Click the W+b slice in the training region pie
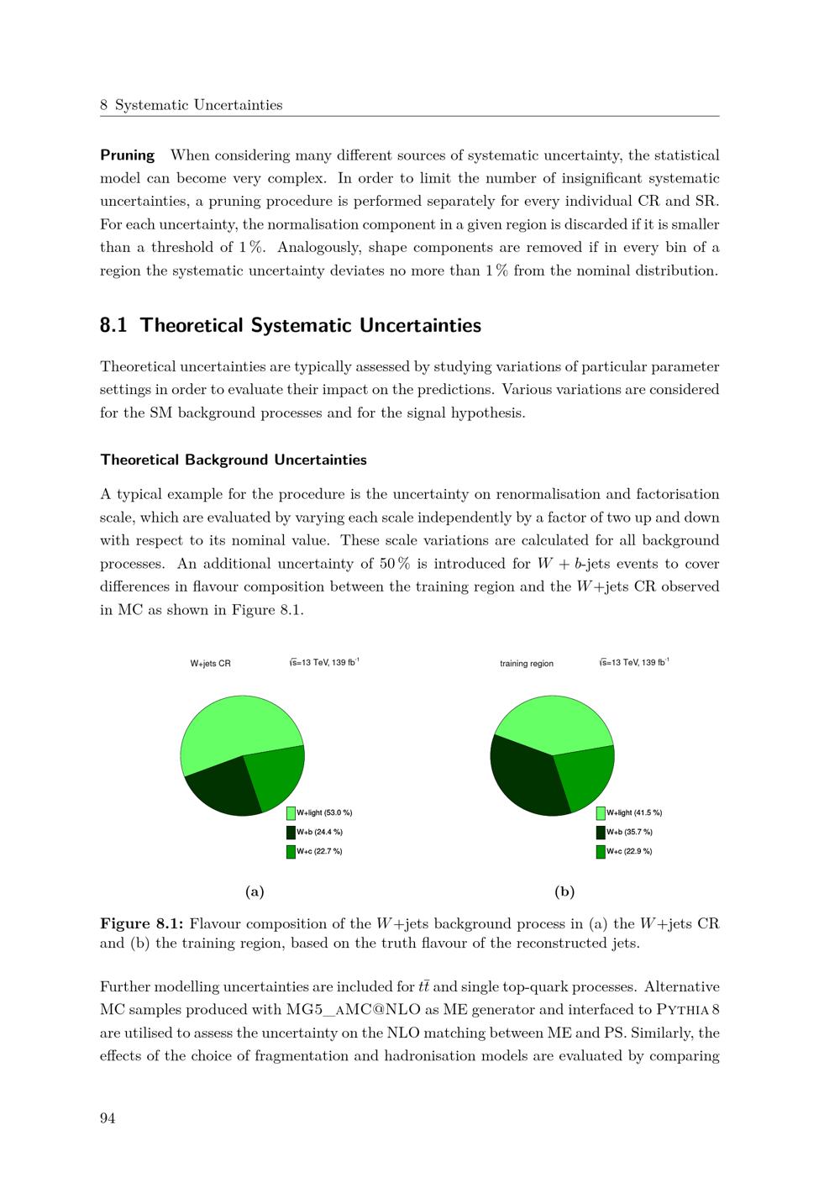tap(525, 777)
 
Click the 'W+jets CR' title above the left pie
tap(211, 664)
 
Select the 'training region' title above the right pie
tap(527, 664)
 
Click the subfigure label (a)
tap(255, 891)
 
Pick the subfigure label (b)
tap(564, 891)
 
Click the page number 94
tap(108, 1117)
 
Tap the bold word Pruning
tap(128, 155)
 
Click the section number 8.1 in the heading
tap(113, 325)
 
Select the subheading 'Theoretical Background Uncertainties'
tap(234, 460)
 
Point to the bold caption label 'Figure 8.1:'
tap(142, 924)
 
